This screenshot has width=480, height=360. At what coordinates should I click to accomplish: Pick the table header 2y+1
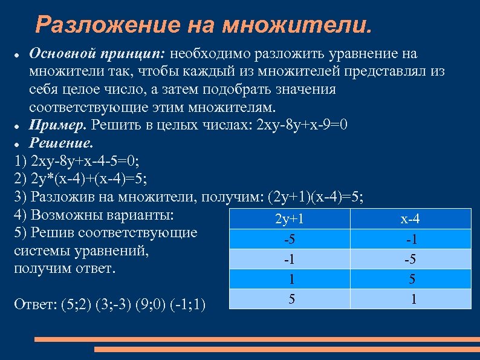[x=289, y=219]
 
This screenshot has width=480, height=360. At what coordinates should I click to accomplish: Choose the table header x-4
[x=410, y=219]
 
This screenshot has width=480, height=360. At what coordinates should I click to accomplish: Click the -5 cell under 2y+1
[x=289, y=240]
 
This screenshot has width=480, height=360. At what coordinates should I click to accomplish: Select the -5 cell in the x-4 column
[x=411, y=260]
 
